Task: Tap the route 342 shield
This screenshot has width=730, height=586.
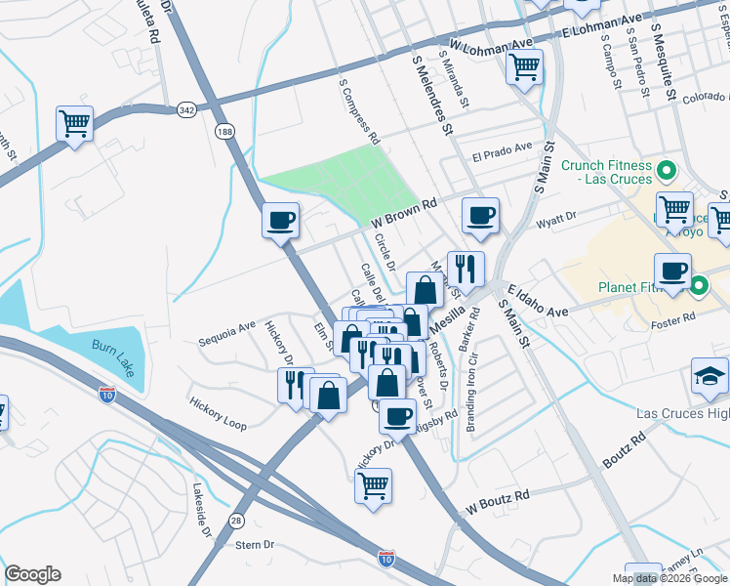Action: pyautogui.click(x=186, y=111)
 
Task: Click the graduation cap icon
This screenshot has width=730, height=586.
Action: pyautogui.click(x=710, y=376)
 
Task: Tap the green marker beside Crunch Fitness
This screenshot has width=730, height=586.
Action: pyautogui.click(x=668, y=172)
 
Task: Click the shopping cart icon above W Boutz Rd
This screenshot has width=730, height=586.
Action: pyautogui.click(x=373, y=485)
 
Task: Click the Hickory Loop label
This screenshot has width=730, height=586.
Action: pyautogui.click(x=219, y=413)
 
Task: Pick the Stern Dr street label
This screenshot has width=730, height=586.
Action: pyautogui.click(x=256, y=545)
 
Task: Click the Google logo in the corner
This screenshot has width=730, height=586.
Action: pyautogui.click(x=32, y=573)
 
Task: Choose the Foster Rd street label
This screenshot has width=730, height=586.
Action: pyautogui.click(x=675, y=316)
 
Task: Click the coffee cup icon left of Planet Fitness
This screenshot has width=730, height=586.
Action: pyautogui.click(x=671, y=271)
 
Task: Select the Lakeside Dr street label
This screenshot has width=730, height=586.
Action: pyautogui.click(x=203, y=512)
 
